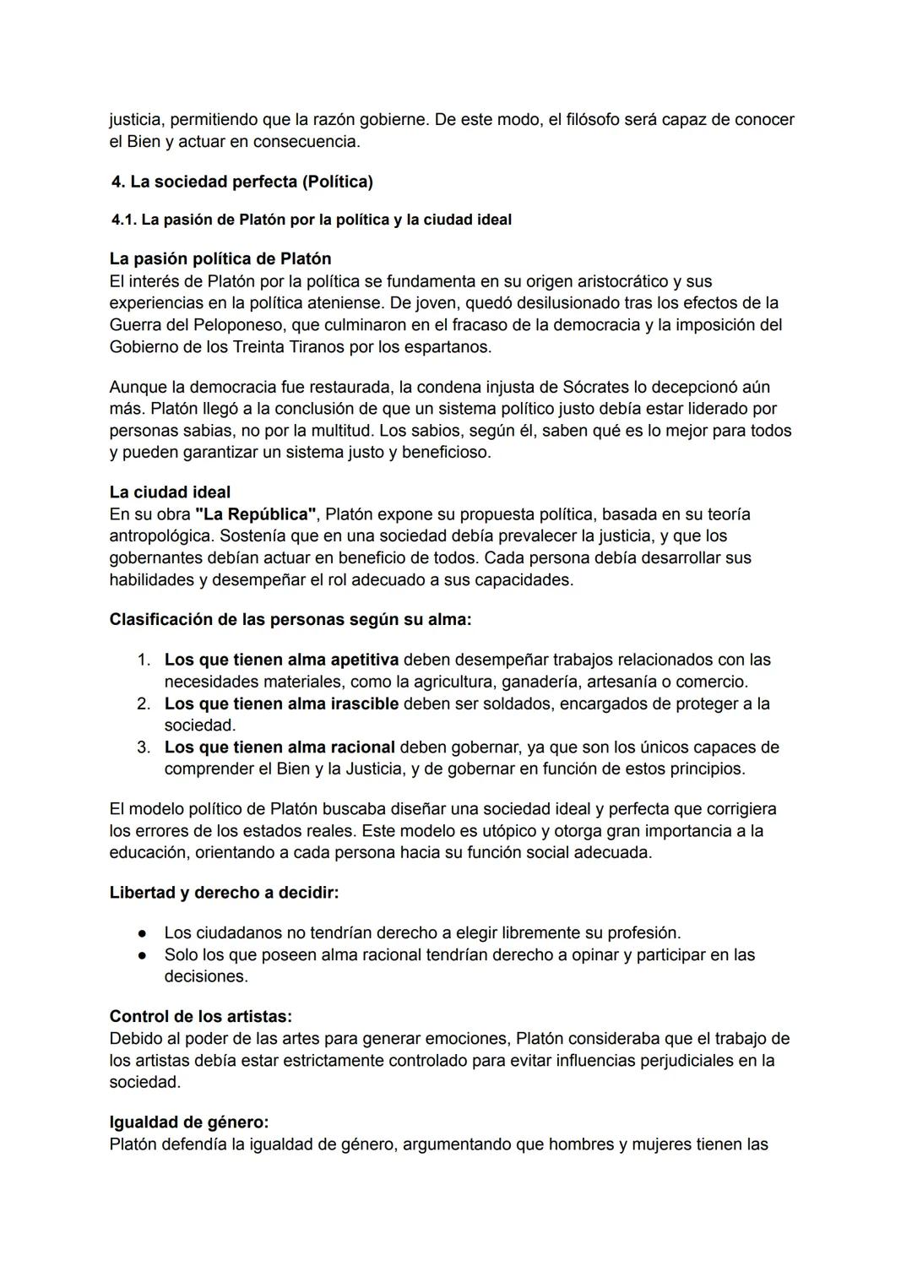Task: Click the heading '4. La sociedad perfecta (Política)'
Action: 242,182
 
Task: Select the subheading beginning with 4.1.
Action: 311,220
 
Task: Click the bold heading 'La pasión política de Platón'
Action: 220,258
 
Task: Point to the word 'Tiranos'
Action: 323,346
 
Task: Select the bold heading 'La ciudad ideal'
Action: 170,492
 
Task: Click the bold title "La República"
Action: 255,514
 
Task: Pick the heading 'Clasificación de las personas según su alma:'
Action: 290,619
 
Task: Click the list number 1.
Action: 144,659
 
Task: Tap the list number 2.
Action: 144,703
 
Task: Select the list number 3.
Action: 144,747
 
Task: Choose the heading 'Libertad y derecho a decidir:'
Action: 224,892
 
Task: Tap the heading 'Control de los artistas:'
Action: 201,1016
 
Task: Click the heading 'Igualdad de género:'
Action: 189,1122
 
